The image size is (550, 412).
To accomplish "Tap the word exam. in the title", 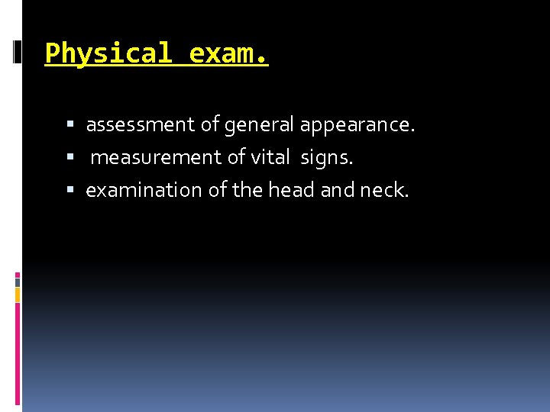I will [228, 54].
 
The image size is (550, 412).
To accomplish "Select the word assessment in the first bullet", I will [140, 124].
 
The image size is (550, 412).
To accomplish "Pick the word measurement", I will [157, 158].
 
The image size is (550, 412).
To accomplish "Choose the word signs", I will [327, 158].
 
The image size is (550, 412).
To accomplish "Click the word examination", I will [144, 190].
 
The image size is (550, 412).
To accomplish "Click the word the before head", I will [246, 190].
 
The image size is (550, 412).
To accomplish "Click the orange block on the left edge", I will [18, 295].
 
